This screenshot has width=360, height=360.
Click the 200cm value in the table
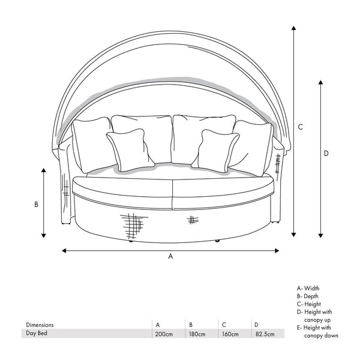pos(164,334)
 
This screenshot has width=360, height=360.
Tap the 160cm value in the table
pos(230,334)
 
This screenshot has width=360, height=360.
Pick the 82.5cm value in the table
pos(264,334)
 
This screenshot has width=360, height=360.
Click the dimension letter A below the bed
pos(170,256)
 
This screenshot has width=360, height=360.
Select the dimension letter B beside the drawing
pos(37,204)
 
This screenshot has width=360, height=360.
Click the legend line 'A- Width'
pos(308,289)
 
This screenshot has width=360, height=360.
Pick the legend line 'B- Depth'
pos(308,296)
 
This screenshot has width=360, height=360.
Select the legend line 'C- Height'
pos(309,304)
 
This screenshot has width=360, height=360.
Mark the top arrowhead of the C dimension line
pos(293,29)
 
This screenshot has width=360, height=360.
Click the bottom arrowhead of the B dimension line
pos(44,235)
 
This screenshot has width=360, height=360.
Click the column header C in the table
pos(224,325)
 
